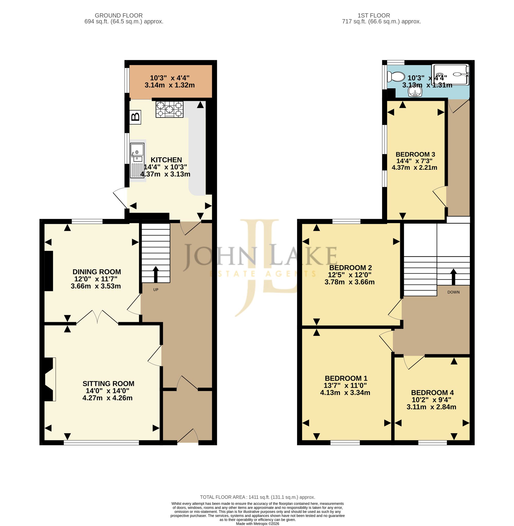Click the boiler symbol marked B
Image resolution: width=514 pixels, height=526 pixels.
[x=135, y=117]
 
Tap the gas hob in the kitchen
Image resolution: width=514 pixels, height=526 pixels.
[x=169, y=109]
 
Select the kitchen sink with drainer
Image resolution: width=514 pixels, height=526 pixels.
[x=137, y=160]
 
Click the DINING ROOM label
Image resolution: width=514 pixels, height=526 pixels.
[x=97, y=272]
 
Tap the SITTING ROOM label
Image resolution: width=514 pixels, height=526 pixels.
[x=108, y=383]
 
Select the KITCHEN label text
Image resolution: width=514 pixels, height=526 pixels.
[x=166, y=160]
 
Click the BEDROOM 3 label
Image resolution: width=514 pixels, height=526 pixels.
[x=415, y=154]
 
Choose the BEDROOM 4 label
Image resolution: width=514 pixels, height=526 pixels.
[x=432, y=392]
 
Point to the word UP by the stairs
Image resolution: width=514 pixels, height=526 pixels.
[x=156, y=290]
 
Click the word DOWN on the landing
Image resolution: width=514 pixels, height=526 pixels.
[x=454, y=292]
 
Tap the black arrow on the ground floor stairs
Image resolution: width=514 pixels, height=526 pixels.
[x=156, y=274]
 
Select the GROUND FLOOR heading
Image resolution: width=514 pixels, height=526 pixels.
[x=118, y=16]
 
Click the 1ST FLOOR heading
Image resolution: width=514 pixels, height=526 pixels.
[x=374, y=16]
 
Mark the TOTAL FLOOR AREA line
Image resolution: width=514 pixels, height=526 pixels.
[x=257, y=497]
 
